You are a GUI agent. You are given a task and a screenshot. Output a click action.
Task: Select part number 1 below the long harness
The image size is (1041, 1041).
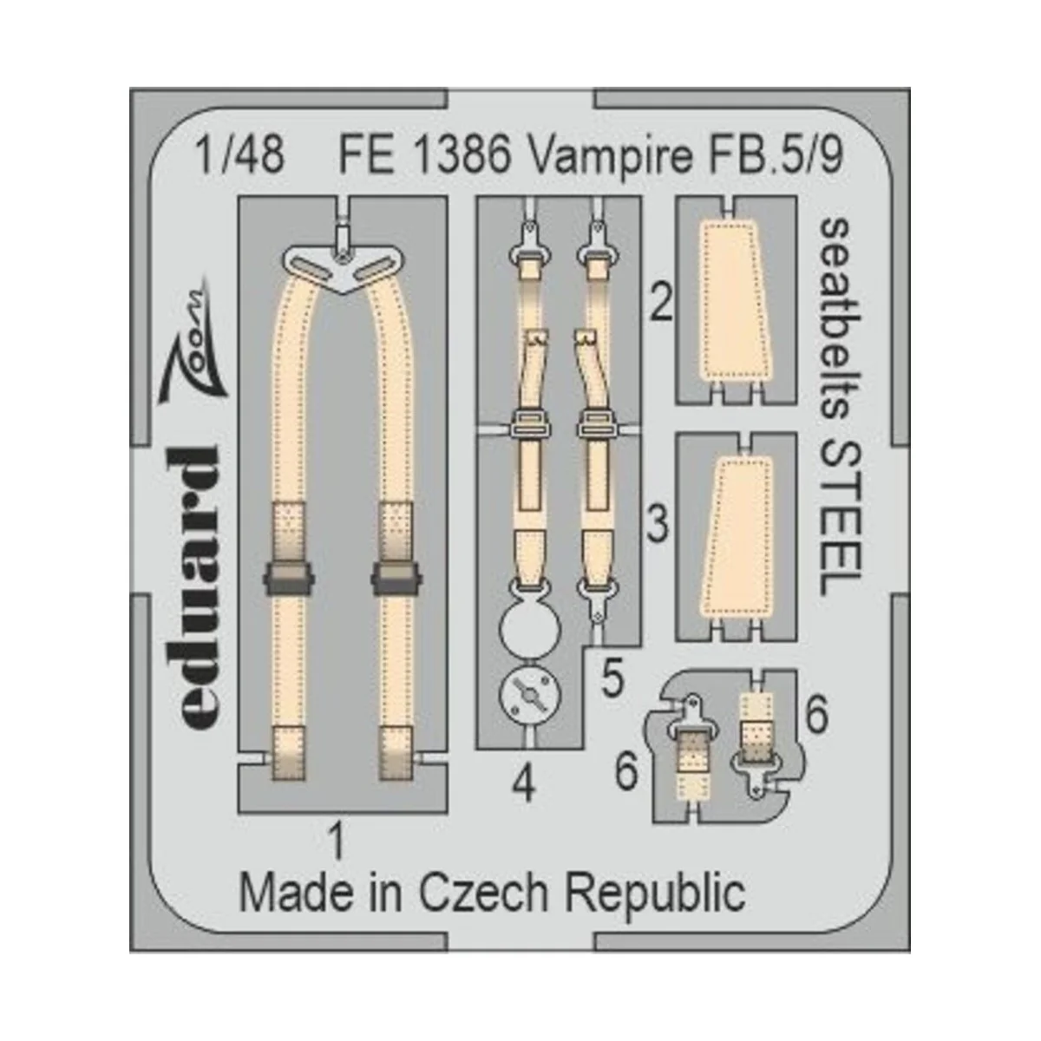point(337,841)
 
